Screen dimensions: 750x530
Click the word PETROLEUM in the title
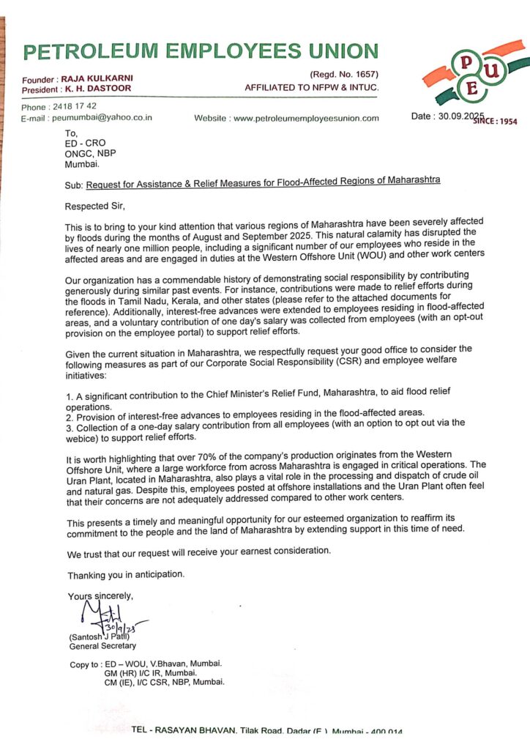[87, 51]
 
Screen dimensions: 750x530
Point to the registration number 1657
[364, 75]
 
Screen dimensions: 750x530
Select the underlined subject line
[264, 180]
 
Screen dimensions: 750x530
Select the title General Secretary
[102, 646]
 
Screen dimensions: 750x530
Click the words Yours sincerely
[101, 595]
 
